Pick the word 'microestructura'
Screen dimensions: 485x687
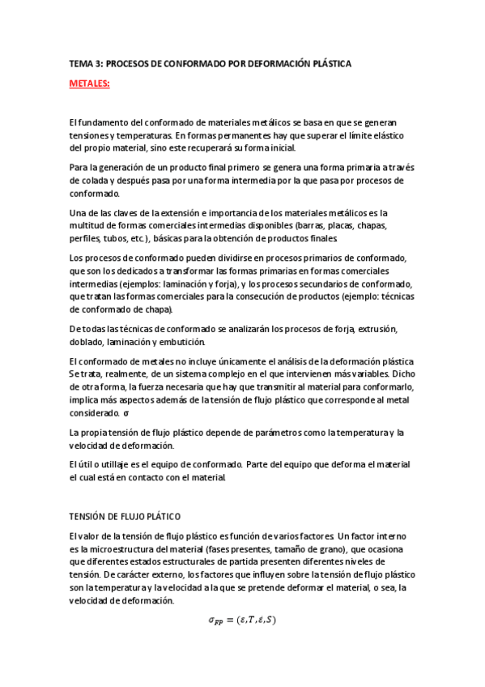point(120,549)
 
